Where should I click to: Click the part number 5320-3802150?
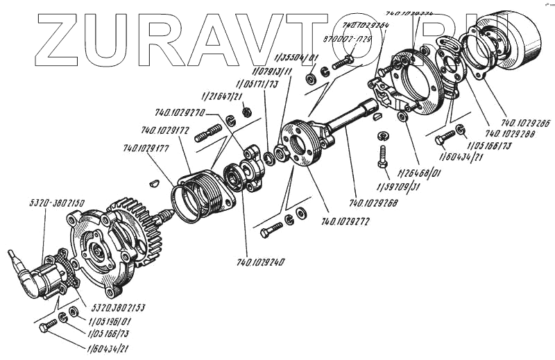56,204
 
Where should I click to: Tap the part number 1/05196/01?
110,321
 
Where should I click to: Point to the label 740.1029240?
261,262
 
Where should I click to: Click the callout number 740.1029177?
146,148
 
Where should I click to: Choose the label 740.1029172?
165,130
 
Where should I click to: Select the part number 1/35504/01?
297,58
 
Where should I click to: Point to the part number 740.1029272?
345,222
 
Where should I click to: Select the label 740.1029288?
510,133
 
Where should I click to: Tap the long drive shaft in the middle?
350,116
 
